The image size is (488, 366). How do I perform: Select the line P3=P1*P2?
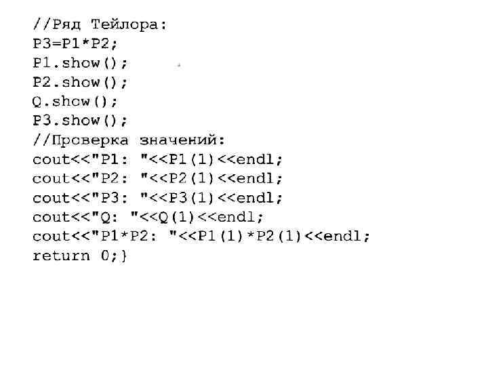(75, 44)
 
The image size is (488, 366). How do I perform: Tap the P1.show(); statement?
(80, 63)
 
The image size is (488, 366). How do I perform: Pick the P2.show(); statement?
(80, 82)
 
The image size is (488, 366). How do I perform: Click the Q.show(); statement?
(75, 101)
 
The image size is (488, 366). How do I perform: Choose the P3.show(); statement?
(80, 120)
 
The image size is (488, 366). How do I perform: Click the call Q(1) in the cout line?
(177, 217)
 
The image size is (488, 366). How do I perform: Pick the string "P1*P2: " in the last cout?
(139, 236)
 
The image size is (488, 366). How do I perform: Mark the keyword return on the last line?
(61, 256)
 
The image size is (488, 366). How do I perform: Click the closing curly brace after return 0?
(124, 256)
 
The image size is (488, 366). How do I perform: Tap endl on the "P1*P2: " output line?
(344, 236)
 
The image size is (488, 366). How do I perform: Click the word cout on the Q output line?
(52, 217)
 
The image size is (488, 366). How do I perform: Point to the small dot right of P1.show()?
(178, 65)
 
